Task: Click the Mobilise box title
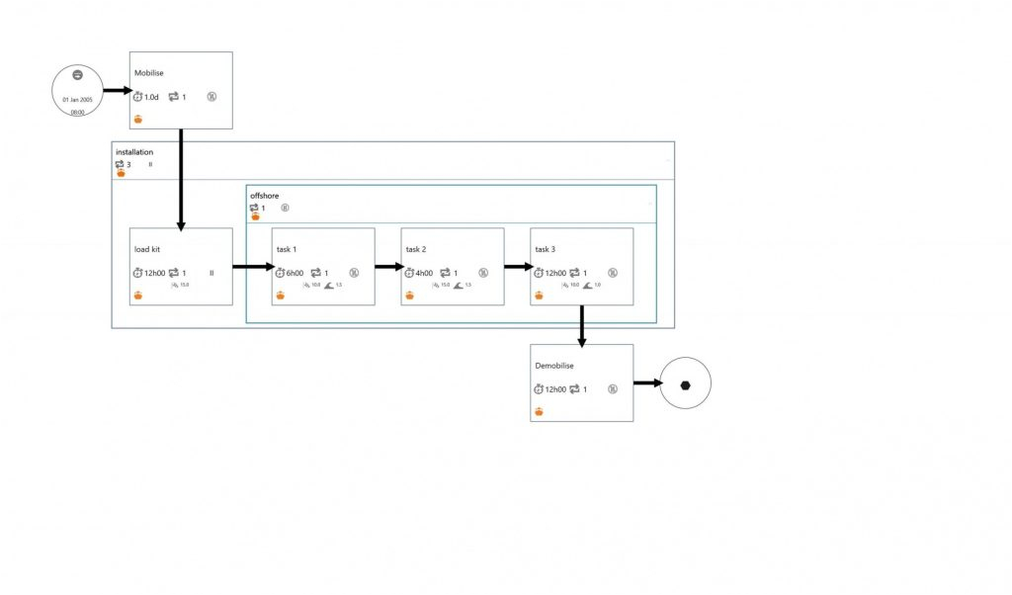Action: point(148,73)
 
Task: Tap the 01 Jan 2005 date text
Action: point(76,100)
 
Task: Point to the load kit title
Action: point(147,249)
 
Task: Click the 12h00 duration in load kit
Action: point(154,273)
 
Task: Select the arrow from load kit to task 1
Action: point(252,267)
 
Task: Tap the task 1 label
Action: point(287,249)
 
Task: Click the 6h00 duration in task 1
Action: point(295,273)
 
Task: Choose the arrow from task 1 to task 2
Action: point(387,267)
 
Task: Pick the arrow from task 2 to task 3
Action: point(517,267)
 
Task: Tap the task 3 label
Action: point(546,249)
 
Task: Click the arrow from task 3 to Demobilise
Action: point(582,326)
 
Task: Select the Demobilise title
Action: point(554,366)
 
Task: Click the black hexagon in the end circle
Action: point(685,383)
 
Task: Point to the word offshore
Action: point(265,196)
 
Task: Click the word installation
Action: point(134,152)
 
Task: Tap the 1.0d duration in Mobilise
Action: point(151,97)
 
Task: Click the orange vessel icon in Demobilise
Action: point(539,411)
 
